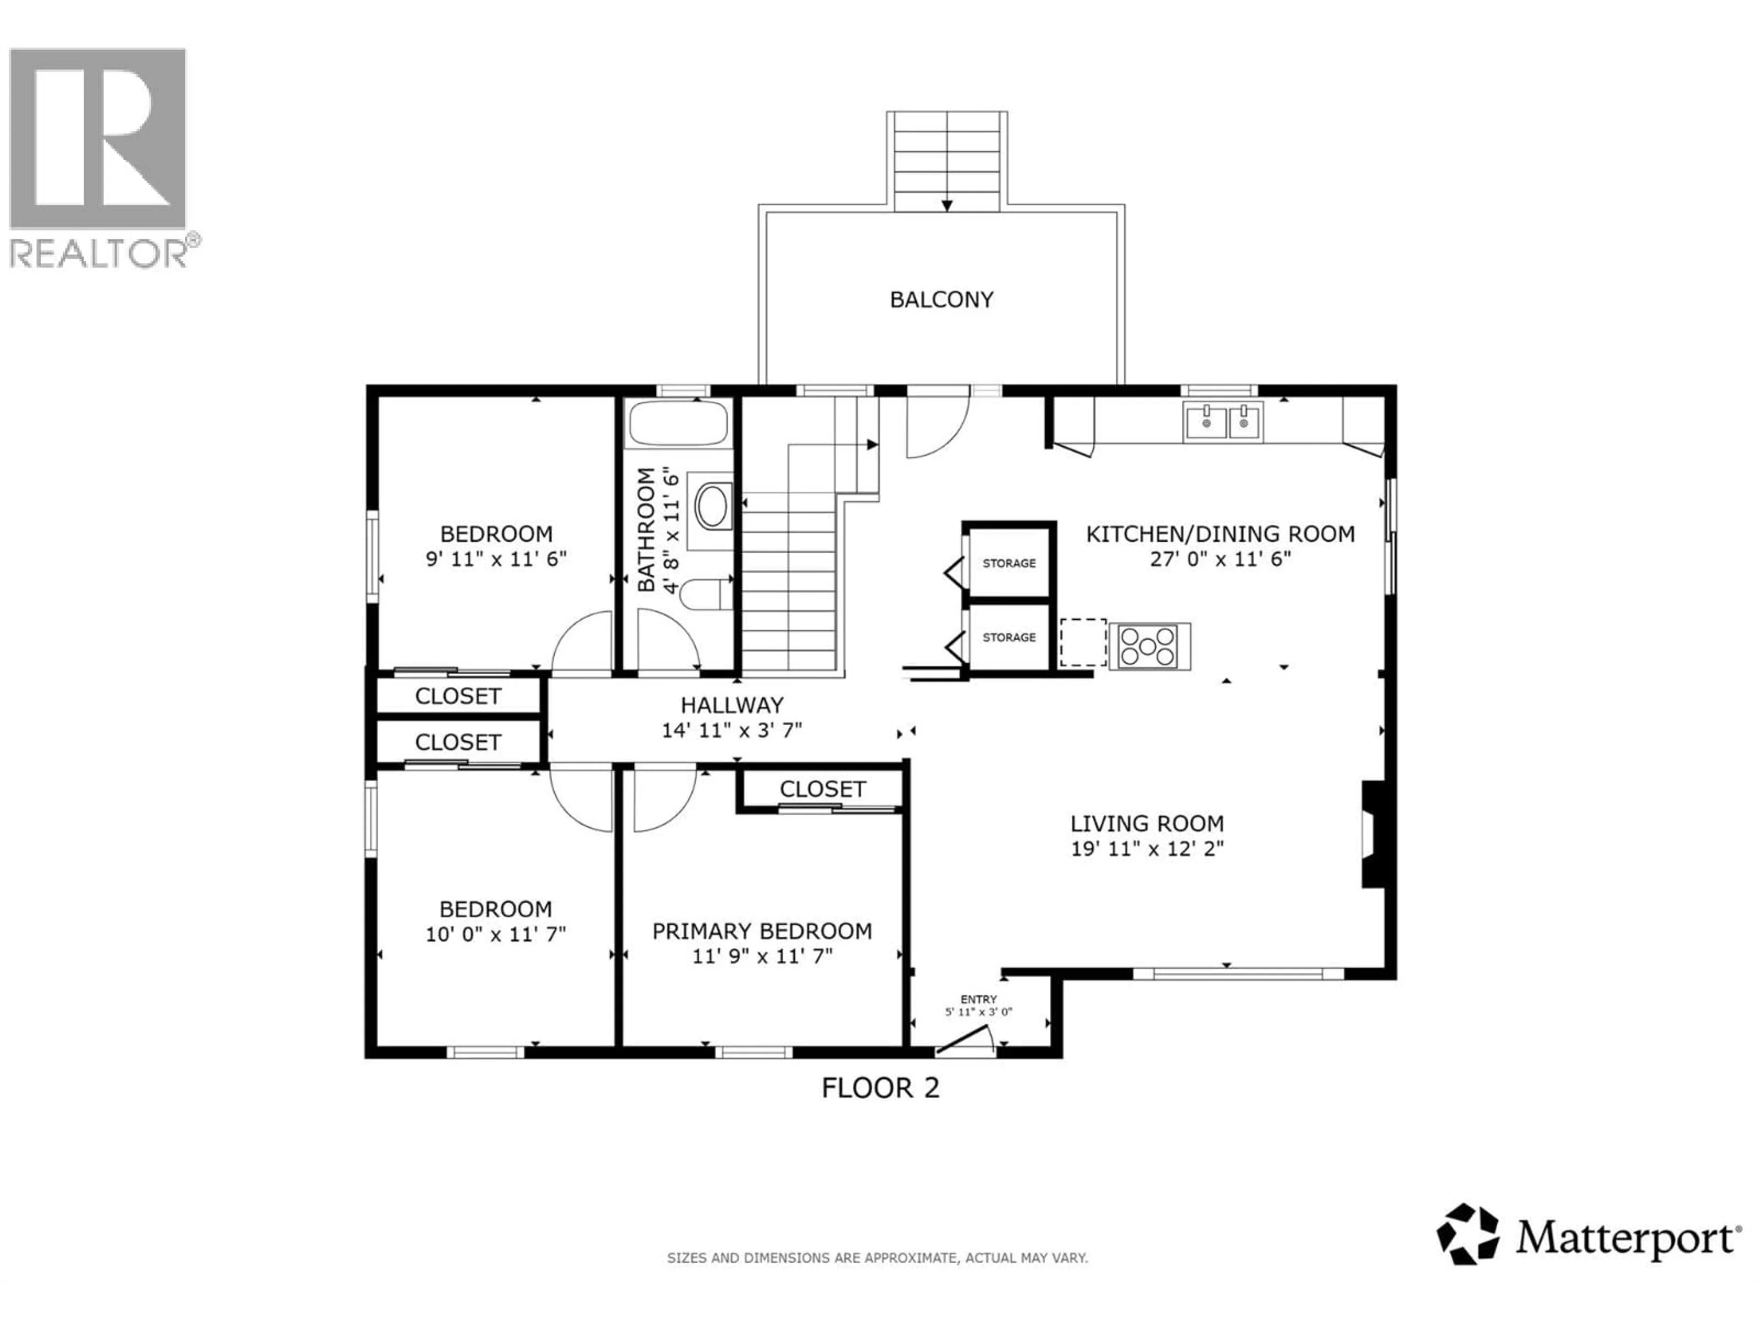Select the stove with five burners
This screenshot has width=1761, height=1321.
coord(1147,646)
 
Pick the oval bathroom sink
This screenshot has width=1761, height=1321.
coord(711,505)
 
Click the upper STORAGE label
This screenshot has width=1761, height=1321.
coord(1008,563)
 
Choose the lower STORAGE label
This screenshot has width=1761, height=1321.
coord(1008,637)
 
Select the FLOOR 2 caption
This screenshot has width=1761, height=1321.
coord(880,1088)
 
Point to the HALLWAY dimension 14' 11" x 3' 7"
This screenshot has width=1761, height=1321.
coord(731,730)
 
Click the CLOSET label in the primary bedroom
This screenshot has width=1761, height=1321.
coord(822,789)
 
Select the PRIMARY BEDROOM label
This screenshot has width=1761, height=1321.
coord(762,931)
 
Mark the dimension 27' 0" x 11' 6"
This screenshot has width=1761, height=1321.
coord(1220,559)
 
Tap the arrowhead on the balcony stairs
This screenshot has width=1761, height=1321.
coord(947,205)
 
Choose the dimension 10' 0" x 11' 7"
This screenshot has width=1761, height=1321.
coord(495,934)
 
